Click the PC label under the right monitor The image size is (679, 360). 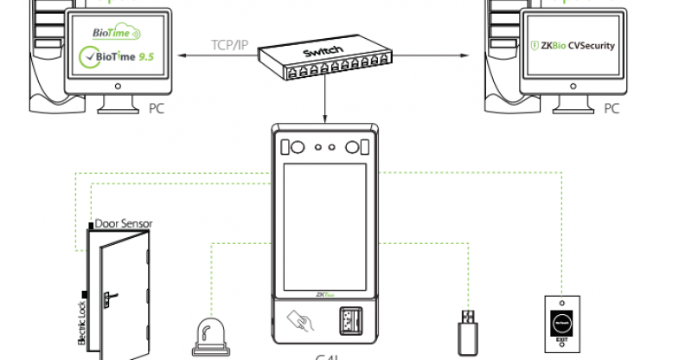point(612,109)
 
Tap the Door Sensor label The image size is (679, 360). point(124,223)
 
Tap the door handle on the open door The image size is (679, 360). point(106,299)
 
